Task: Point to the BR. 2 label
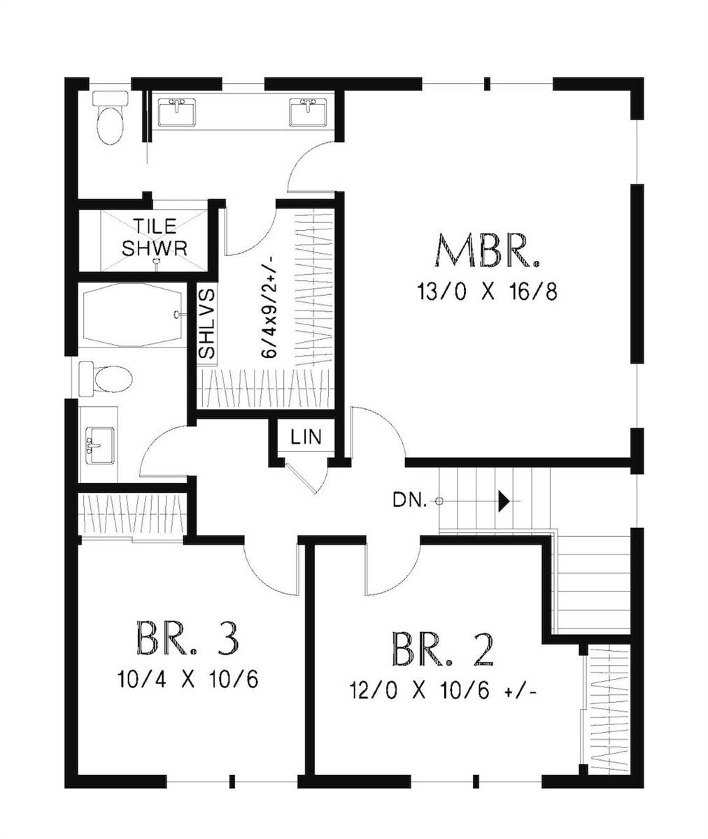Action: point(443,650)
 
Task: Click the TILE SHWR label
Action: point(155,237)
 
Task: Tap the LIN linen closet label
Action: point(306,438)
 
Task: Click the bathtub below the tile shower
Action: point(133,315)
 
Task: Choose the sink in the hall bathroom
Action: point(99,445)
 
